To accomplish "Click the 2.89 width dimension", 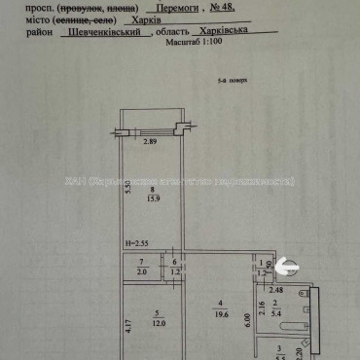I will point(151,144).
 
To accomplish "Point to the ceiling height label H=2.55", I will point(136,241).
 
